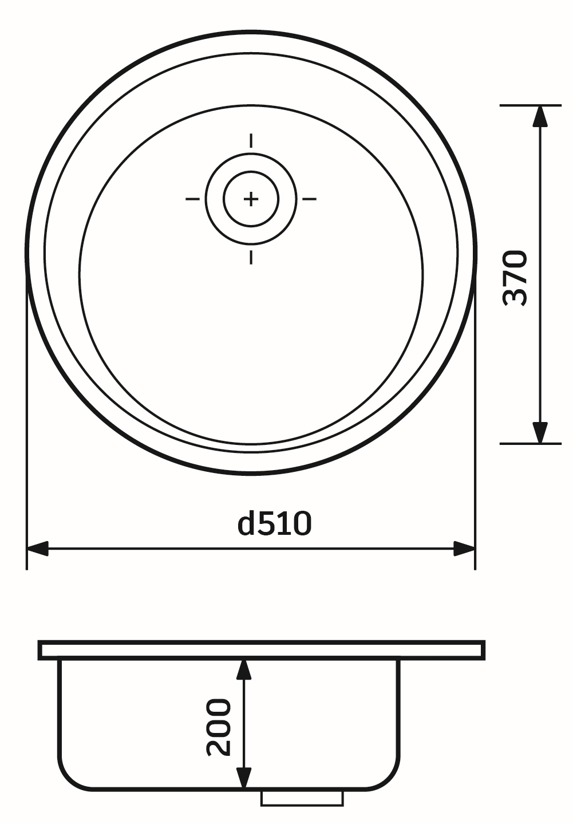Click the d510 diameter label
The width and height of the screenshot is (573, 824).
click(x=275, y=524)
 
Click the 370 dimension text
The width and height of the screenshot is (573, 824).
click(x=515, y=278)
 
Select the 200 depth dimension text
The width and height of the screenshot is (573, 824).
click(x=219, y=727)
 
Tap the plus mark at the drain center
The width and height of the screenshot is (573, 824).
click(x=251, y=199)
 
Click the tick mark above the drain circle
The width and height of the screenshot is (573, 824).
click(x=251, y=140)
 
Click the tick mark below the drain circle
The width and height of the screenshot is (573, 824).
click(x=251, y=257)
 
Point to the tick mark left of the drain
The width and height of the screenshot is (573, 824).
click(x=192, y=199)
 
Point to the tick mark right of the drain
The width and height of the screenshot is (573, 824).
click(x=309, y=199)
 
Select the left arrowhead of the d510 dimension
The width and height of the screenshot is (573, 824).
click(x=38, y=549)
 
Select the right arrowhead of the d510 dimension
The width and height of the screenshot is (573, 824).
click(x=464, y=549)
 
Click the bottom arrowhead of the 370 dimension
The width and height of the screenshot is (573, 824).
click(x=539, y=432)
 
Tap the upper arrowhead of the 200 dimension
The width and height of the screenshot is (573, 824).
click(x=244, y=669)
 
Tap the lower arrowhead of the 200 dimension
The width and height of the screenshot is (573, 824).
click(x=244, y=779)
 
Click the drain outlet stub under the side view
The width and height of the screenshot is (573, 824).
click(x=302, y=798)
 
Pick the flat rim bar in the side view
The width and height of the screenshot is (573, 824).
click(x=262, y=650)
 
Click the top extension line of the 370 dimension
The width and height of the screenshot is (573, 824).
click(x=529, y=105)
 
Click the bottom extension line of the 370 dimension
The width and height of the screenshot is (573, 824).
click(x=529, y=443)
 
